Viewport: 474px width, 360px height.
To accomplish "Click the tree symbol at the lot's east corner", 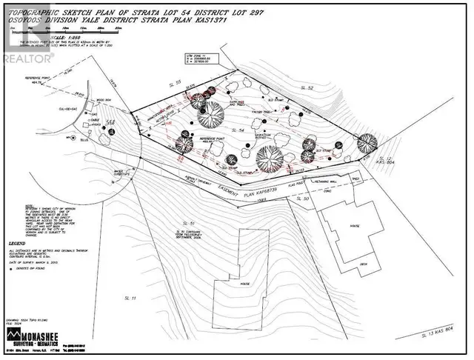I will [x=364, y=143].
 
